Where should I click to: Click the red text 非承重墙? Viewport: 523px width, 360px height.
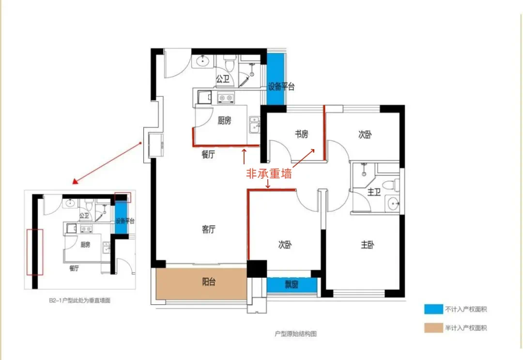tap(269, 173)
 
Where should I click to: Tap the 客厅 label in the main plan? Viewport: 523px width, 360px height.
tap(208, 230)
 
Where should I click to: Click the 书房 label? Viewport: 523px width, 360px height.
tap(302, 134)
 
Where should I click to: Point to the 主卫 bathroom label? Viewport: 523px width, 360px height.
tap(374, 193)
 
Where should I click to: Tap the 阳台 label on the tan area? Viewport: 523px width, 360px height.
tap(208, 282)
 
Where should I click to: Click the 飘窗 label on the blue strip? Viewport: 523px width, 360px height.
tap(292, 284)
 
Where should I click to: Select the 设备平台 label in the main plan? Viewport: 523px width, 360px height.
tap(281, 87)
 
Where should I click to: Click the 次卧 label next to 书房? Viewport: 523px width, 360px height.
tap(365, 134)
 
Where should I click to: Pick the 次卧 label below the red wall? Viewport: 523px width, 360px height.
tap(285, 245)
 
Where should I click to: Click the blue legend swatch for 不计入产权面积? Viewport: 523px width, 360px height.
tap(433, 309)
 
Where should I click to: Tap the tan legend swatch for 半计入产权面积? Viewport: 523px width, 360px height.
tap(433, 328)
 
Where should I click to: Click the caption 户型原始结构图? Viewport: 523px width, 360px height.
tap(295, 334)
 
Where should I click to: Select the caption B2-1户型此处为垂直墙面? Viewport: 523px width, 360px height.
tap(79, 300)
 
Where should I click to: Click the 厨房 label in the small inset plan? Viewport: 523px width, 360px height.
tap(85, 245)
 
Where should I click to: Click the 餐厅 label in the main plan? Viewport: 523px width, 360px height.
tap(208, 155)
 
